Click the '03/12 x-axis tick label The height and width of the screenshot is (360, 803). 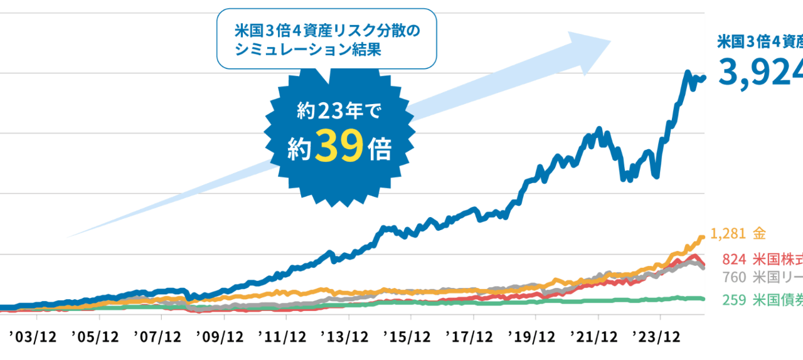[x=33, y=337]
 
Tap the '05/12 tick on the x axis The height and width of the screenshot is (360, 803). [x=95, y=337]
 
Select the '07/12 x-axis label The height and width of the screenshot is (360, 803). [x=157, y=337]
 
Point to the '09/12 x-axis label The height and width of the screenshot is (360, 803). [x=220, y=337]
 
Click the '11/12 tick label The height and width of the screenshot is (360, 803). [x=282, y=337]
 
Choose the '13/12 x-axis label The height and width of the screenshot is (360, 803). [x=345, y=337]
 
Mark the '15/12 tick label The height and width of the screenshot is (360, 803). [x=408, y=337]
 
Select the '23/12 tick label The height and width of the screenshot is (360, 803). [x=658, y=337]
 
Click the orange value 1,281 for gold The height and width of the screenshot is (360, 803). [x=729, y=234]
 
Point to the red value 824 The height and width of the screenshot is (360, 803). [x=734, y=259]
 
